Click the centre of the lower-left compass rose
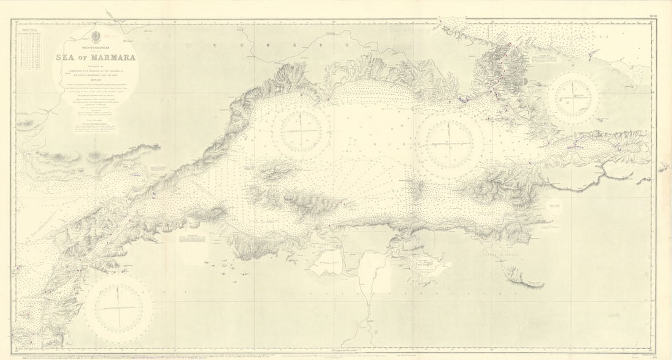pos(119,307)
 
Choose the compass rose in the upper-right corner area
pos(573,98)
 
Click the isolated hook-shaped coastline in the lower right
pos(525,278)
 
